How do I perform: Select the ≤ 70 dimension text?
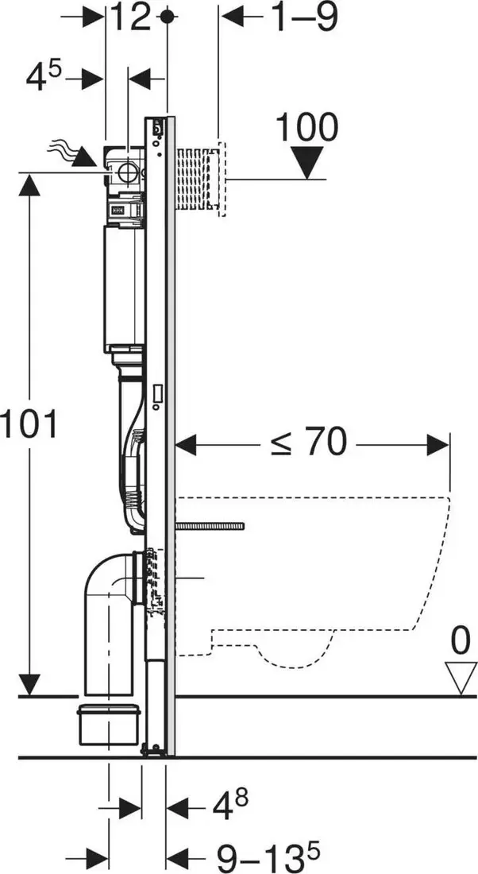[x=309, y=443]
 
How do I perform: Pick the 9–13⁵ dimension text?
[x=268, y=856]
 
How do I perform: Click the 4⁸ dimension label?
[x=230, y=805]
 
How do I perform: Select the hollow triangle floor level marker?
[x=461, y=678]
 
